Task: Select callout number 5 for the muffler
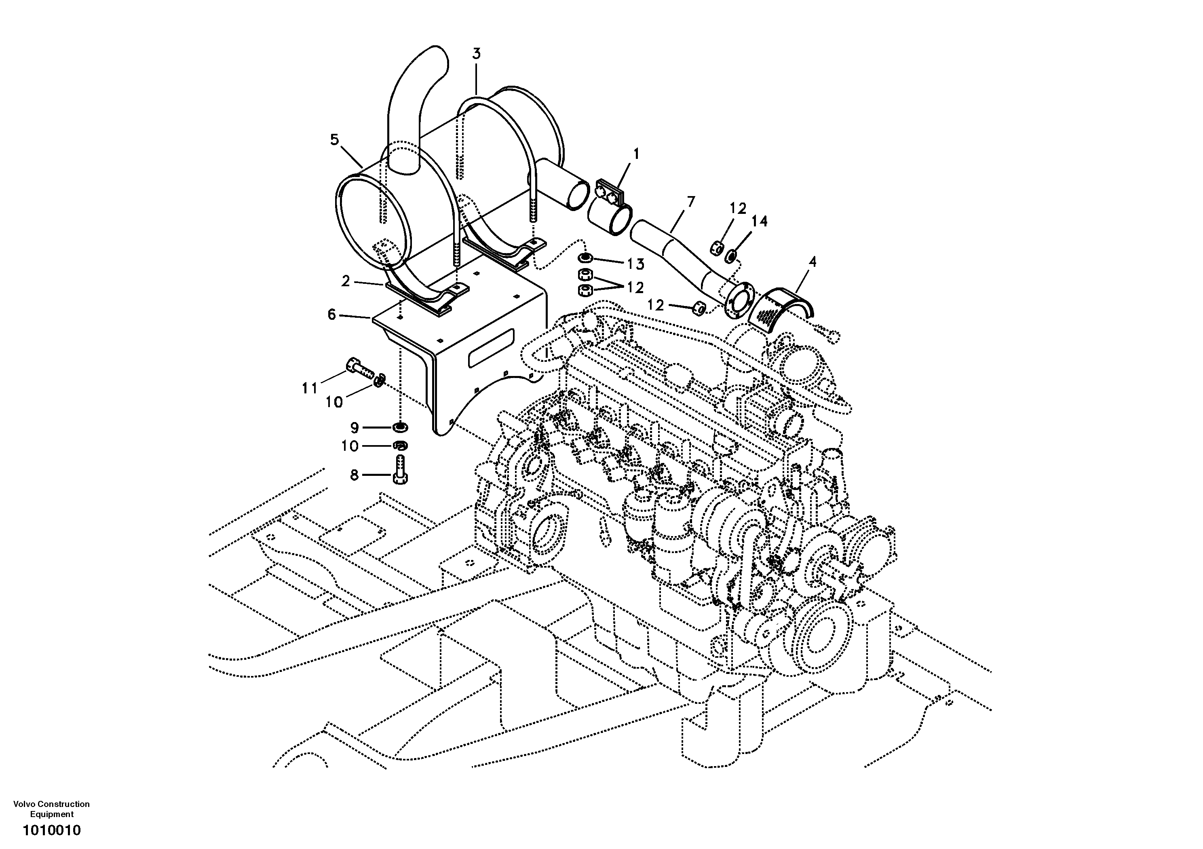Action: tap(334, 139)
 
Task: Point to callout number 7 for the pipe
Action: tap(690, 201)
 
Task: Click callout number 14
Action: tap(759, 221)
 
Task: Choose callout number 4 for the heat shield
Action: tap(812, 261)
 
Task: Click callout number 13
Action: tap(635, 264)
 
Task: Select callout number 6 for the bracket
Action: tap(331, 315)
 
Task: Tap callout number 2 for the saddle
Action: tap(345, 281)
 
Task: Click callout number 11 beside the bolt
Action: tap(309, 389)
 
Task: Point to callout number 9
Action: tap(354, 428)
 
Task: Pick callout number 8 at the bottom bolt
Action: tap(354, 475)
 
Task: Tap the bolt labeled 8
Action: tap(400, 469)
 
